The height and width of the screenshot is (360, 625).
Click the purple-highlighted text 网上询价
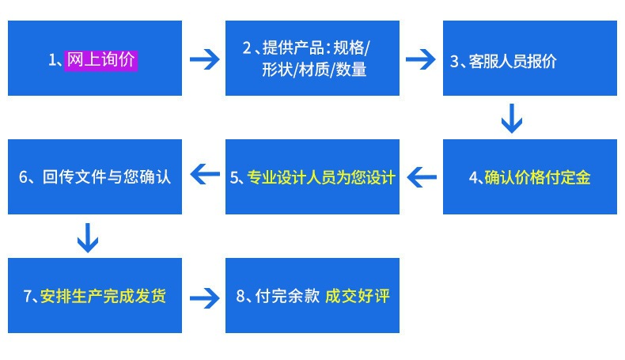pyautogui.click(x=100, y=61)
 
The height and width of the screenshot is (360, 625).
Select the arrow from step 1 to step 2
pyautogui.click(x=204, y=59)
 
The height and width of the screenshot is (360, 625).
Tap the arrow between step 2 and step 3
pyautogui.click(x=421, y=59)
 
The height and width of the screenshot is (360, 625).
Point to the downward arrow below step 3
pyautogui.click(x=512, y=119)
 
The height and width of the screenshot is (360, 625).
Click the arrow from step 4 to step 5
pyautogui.click(x=422, y=176)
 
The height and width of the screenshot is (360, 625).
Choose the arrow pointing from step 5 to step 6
pyautogui.click(x=205, y=174)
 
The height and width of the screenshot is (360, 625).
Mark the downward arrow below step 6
pyautogui.click(x=88, y=237)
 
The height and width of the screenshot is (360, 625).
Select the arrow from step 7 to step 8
pyautogui.click(x=204, y=297)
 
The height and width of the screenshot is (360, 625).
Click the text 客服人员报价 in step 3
pyautogui.click(x=513, y=62)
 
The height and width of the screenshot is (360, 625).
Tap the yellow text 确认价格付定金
pyautogui.click(x=537, y=177)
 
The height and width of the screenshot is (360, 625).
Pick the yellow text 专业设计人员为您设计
pyautogui.click(x=321, y=177)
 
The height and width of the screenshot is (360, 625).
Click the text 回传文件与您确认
pyautogui.click(x=107, y=176)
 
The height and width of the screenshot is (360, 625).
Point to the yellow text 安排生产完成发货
pyautogui.click(x=103, y=296)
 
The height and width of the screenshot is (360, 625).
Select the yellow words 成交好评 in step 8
pyautogui.click(x=357, y=296)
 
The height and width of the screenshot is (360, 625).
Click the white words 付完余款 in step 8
pyautogui.click(x=287, y=296)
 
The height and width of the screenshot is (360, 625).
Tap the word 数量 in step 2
pyautogui.click(x=351, y=70)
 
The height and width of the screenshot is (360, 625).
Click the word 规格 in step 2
pyautogui.click(x=349, y=47)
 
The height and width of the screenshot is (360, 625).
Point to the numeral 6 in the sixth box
pyautogui.click(x=23, y=177)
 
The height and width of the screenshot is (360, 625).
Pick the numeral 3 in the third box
pyautogui.click(x=454, y=62)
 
